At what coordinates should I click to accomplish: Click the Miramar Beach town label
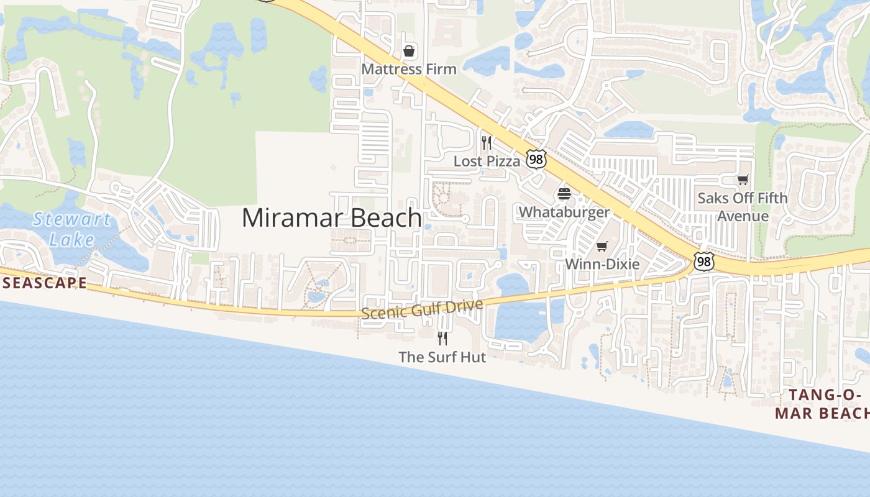pyautogui.click(x=332, y=218)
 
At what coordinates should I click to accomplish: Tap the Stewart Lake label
pyautogui.click(x=72, y=229)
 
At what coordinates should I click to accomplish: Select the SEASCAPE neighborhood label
pyautogui.click(x=43, y=283)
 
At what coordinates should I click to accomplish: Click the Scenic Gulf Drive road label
pyautogui.click(x=421, y=309)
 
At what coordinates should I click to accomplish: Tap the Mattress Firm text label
pyautogui.click(x=409, y=69)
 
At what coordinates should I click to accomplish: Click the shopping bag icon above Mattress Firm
pyautogui.click(x=409, y=50)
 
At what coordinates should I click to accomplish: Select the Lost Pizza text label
pyautogui.click(x=487, y=162)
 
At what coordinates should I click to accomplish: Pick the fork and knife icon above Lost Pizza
pyautogui.click(x=487, y=143)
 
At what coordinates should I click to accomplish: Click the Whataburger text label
pyautogui.click(x=564, y=212)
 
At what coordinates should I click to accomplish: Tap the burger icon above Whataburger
pyautogui.click(x=564, y=194)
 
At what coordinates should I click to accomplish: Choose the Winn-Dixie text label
pyautogui.click(x=602, y=264)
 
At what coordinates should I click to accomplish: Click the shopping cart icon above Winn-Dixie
pyautogui.click(x=602, y=247)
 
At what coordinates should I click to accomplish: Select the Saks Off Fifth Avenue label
pyautogui.click(x=743, y=207)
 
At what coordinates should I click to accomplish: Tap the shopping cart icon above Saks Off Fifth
pyautogui.click(x=743, y=180)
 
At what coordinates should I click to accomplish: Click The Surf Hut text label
pyautogui.click(x=442, y=357)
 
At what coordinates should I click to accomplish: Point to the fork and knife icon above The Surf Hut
pyautogui.click(x=442, y=339)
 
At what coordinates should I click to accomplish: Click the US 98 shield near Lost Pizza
pyautogui.click(x=536, y=159)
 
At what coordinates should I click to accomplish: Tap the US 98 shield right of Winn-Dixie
pyautogui.click(x=703, y=262)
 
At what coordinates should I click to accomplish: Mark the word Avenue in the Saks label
pyautogui.click(x=743, y=216)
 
